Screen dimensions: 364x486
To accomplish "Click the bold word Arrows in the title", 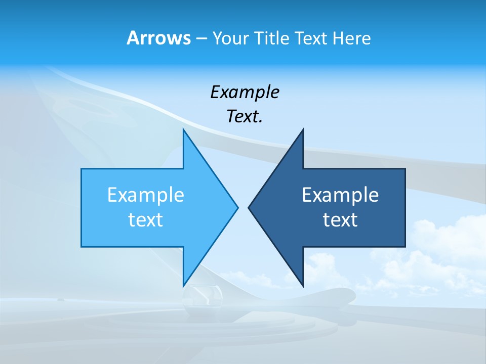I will (158, 38).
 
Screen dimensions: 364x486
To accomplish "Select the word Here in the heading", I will (351, 38).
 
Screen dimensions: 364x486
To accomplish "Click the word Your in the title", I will (230, 38).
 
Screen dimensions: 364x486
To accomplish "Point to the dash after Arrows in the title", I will (201, 38).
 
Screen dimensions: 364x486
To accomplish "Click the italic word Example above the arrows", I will (245, 92).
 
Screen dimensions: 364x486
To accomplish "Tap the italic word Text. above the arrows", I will (245, 116).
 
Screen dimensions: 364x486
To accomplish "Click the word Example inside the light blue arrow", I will (146, 195).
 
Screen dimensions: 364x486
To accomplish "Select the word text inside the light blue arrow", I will (146, 219).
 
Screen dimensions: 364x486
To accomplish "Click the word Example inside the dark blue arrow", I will (340, 195).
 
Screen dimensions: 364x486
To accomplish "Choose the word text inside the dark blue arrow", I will (340, 219).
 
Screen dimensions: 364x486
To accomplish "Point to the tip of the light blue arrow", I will (237, 207).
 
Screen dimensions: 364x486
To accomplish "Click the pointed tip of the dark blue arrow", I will (249, 207).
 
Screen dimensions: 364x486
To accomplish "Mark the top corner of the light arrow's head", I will (183, 130).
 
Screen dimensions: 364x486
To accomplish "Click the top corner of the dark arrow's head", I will (303, 130).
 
